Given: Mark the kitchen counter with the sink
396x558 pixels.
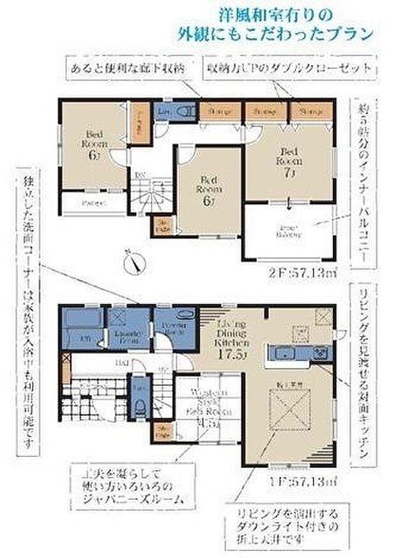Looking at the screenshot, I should (300, 355).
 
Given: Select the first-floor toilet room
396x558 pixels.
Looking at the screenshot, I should (139, 402).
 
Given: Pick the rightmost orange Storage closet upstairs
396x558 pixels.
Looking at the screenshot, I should (309, 112).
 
